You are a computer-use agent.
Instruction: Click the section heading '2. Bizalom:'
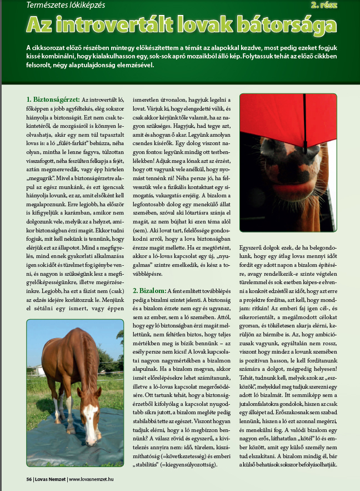pyautogui.click(x=149, y=291)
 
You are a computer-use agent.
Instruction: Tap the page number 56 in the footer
pyautogui.click(x=29, y=479)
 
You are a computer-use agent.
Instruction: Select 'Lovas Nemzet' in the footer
pyautogui.click(x=50, y=479)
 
